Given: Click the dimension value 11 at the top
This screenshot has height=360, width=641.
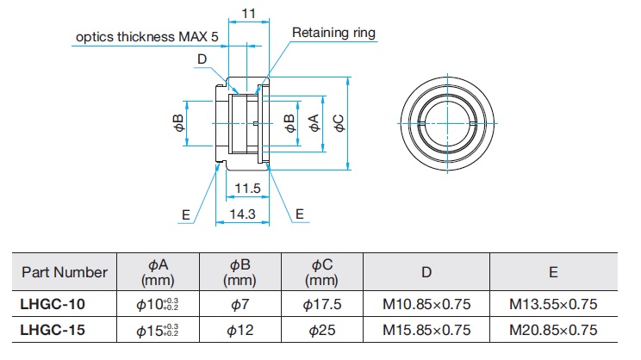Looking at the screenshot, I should pos(248,14).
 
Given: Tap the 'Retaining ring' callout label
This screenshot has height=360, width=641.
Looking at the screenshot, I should pos(333,34).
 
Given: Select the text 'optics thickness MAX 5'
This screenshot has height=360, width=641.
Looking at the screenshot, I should pos(147,38).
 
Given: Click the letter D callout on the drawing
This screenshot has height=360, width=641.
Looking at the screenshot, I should pos(201,59).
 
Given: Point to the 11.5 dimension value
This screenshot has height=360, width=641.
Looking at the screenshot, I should pos(247,188).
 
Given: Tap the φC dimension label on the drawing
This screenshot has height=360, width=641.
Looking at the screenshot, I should pos(340,122).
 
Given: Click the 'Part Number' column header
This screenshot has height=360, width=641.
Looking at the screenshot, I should pos(65,272).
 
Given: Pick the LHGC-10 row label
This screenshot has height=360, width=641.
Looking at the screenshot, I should pos(53,303).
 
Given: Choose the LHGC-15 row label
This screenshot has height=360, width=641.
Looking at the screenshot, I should pos(53,329).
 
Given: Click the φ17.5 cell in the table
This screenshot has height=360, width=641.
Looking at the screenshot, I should pos(323,303).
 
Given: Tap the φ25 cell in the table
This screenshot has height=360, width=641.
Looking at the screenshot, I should pos(323,329).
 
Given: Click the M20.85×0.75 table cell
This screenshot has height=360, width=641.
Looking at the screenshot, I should pos(553,329).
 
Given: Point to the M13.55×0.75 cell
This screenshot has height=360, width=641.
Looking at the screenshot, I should pos(553,303).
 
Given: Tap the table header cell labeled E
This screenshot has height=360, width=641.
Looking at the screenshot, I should pos(553,272).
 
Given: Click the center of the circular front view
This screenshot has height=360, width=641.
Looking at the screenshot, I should pos(448,122).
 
